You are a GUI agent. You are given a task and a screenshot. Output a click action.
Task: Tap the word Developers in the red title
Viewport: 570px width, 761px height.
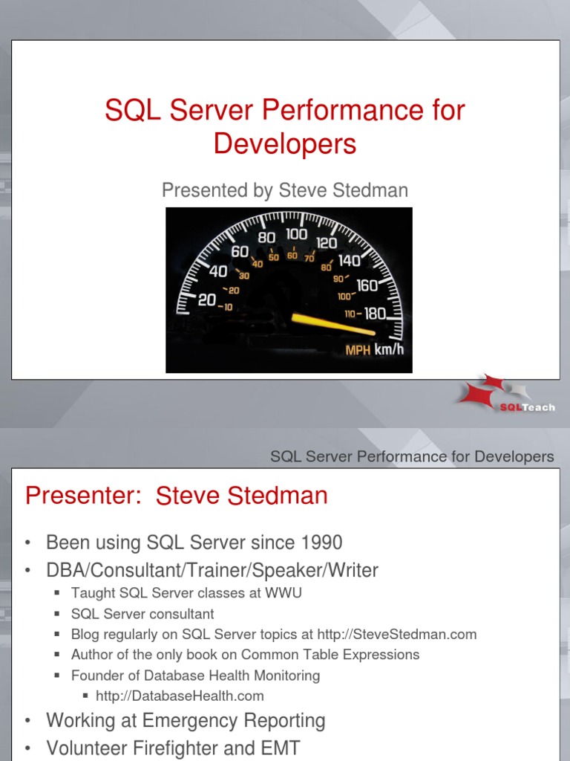[x=285, y=143]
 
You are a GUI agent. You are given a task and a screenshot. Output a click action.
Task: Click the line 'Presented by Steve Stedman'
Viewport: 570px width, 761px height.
[x=285, y=190]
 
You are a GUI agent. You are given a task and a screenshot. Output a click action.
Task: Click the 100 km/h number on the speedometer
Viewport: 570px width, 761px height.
[x=296, y=234]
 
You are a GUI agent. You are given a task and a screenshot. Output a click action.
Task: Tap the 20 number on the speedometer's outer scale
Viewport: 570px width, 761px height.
[x=206, y=299]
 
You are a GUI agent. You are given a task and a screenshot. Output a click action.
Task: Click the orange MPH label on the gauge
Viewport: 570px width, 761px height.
[x=358, y=350]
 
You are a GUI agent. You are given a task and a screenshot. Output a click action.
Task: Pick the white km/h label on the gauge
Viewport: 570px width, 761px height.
[x=388, y=350]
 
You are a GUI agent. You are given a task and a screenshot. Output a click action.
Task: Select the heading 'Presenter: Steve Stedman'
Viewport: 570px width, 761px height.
[x=176, y=496]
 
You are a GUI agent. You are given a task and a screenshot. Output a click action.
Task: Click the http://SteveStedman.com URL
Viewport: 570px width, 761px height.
[x=396, y=635]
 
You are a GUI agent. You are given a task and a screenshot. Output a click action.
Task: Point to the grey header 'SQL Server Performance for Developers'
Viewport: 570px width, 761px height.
[x=412, y=456]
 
